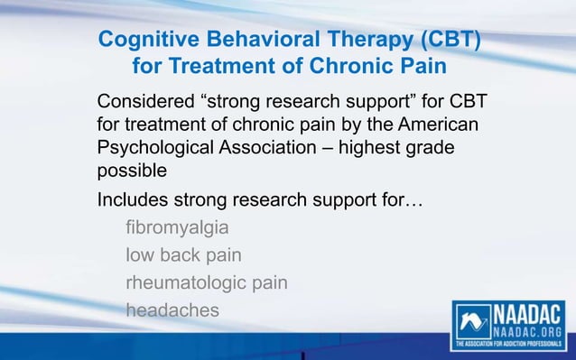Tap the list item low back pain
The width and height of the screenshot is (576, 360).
[183, 254]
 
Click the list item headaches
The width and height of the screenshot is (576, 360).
[172, 310]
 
